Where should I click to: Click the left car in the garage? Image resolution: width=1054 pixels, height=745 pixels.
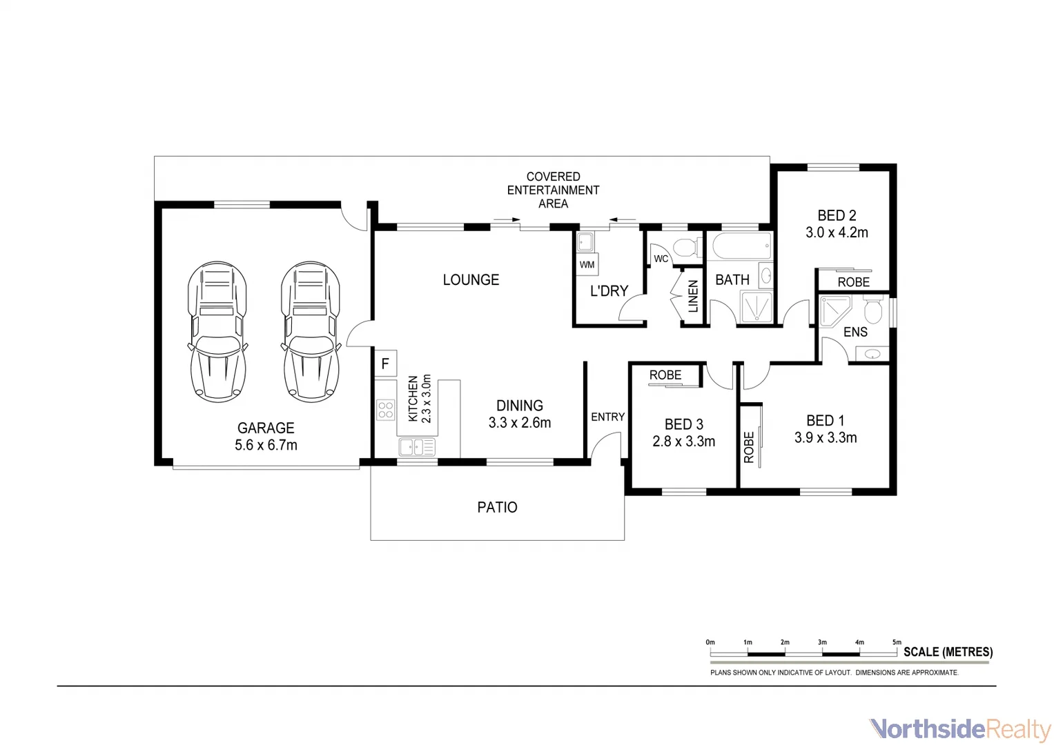coord(217,332)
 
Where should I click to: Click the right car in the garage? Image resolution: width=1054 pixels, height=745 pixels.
coord(311,332)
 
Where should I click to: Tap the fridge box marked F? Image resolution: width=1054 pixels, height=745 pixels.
coord(385,364)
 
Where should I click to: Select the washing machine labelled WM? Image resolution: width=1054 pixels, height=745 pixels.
coord(587,264)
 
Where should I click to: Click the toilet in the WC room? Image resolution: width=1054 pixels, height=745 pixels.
coord(685,247)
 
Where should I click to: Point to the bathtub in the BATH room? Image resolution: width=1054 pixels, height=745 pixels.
coord(741,245)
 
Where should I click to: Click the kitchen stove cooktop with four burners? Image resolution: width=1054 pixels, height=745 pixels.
coord(386,410)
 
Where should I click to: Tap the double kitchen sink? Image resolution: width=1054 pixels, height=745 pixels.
coord(417,447)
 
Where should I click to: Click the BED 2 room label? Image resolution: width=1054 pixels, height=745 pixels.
coord(837,216)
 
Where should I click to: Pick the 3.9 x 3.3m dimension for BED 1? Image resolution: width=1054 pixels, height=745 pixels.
coord(826,438)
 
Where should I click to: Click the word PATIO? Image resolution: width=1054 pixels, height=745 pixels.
coord(497,508)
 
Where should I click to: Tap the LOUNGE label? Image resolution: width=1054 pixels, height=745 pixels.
coord(471,280)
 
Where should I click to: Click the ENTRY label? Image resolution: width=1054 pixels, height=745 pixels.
coord(607,417)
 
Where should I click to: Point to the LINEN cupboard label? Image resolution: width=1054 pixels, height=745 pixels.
coord(693,296)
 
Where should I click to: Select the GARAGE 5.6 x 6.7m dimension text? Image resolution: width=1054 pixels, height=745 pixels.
coord(266,446)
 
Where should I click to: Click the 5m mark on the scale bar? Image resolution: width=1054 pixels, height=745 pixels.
coord(897,643)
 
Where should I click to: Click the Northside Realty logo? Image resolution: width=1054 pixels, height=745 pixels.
coord(959,728)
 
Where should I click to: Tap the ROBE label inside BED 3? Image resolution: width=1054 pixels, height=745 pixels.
coord(665,375)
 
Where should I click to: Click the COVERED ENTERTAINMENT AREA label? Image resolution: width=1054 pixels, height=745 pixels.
coord(553,190)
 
